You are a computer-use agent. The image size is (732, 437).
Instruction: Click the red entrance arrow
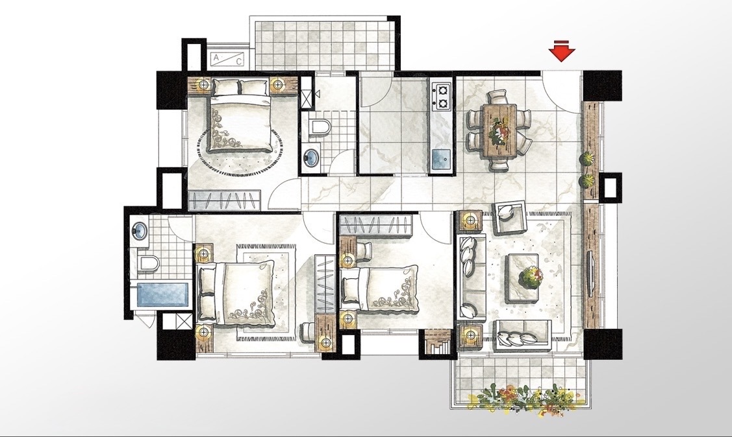pyautogui.click(x=562, y=51)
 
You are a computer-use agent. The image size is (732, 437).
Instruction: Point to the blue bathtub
pyautogui.click(x=164, y=294)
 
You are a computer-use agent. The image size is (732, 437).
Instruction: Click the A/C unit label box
pyautogui.click(x=227, y=59)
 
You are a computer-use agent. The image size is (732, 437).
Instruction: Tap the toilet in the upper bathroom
pyautogui.click(x=320, y=126)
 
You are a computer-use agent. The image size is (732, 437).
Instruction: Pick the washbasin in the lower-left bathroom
pyautogui.click(x=139, y=230)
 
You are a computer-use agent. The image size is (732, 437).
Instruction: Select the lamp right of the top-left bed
pyautogui.click(x=278, y=85)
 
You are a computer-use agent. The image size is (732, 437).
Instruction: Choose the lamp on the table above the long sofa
pyautogui.click(x=470, y=219)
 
